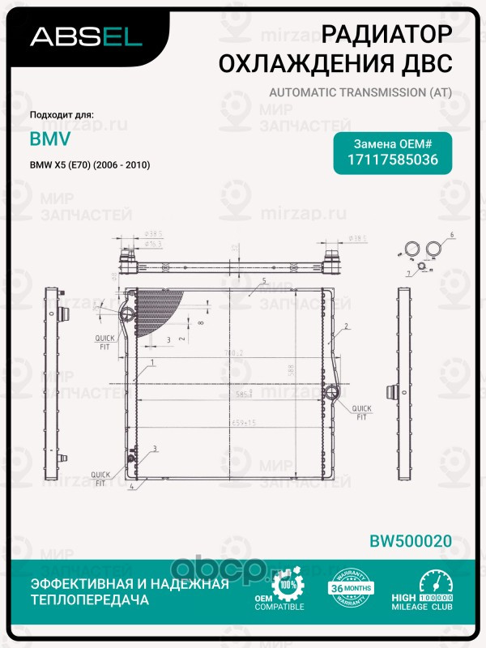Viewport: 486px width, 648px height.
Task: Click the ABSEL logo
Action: point(86,36)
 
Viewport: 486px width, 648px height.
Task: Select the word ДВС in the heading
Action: point(423,62)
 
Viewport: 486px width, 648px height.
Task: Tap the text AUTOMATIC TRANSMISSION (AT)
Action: point(359,93)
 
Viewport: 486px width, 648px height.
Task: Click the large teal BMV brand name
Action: point(50,139)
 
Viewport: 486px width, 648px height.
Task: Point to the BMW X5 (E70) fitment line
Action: point(91,165)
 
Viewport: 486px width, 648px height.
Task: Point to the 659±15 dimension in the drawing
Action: point(244,422)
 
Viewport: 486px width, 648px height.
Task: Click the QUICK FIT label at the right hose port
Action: point(361,413)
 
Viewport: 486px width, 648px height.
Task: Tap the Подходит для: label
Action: point(62,115)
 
